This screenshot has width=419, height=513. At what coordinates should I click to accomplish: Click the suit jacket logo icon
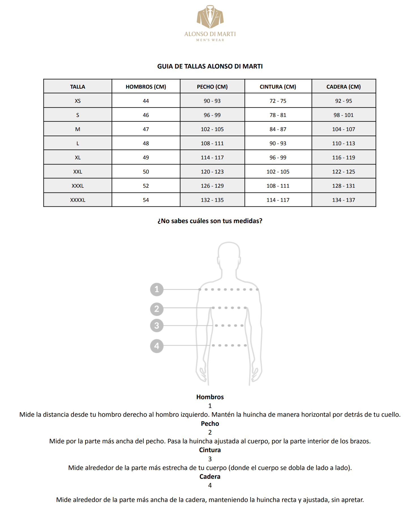point(210,17)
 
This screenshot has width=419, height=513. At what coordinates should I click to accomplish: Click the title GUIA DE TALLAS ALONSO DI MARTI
point(210,66)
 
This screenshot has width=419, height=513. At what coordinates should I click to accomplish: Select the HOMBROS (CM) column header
point(146,87)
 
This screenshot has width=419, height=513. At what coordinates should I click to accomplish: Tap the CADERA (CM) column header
point(343,87)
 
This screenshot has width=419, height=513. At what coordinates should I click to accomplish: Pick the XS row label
point(78,101)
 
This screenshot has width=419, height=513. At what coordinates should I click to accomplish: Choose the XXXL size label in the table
point(78,186)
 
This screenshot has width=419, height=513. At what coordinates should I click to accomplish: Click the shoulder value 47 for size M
point(146,129)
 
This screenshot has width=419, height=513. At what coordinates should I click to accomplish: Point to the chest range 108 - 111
point(212,143)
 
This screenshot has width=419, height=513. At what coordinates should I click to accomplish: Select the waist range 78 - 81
point(278,115)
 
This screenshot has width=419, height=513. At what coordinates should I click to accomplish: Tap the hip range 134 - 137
point(343,200)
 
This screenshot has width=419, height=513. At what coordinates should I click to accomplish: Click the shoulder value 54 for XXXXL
point(146,200)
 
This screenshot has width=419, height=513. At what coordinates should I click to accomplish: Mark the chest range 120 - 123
point(212,172)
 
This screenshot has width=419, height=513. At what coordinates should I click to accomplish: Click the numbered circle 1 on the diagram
point(157,289)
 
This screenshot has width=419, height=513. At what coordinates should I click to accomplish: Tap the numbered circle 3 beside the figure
point(157,326)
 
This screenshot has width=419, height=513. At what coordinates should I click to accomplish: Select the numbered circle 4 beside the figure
point(157,346)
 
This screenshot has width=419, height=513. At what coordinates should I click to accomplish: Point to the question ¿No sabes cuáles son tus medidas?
point(210,221)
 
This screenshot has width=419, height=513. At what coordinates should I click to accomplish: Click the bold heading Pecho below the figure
point(210,424)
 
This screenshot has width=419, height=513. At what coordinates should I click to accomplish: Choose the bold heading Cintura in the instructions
point(210,450)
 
